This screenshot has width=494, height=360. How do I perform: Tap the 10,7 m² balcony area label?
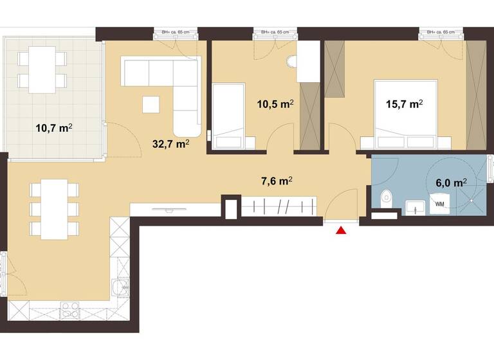point(53,127)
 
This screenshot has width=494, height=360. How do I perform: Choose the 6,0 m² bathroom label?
point(451,183)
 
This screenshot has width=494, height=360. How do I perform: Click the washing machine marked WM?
point(441,205)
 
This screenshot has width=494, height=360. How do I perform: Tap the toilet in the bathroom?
point(386,198)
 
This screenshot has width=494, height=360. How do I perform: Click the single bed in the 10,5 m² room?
point(228,116)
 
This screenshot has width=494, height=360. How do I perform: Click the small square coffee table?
point(152,104)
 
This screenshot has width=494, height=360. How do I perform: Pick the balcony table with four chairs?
point(42,69)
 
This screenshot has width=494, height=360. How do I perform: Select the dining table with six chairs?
point(54,209)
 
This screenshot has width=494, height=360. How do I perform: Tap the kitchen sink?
point(119,289)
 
